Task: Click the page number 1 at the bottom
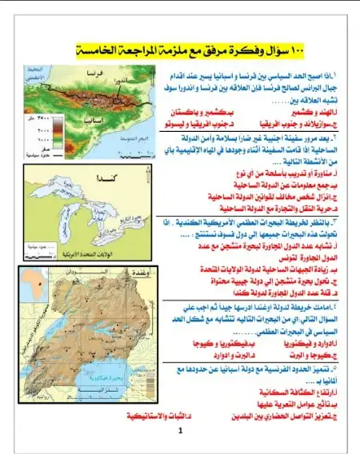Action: [x=182, y=431]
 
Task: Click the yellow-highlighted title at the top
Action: [x=181, y=50]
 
